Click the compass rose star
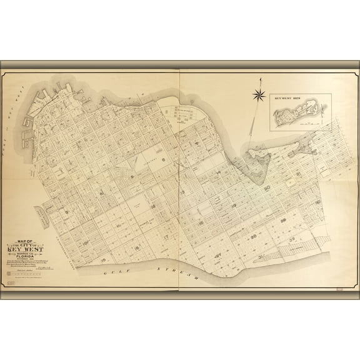258,94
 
